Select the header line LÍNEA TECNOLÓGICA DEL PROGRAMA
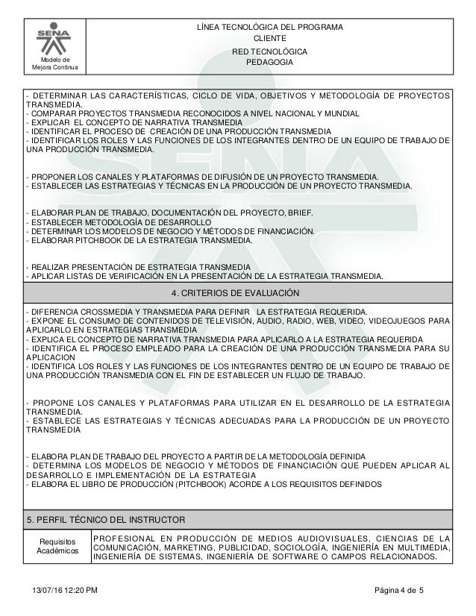point(269,28)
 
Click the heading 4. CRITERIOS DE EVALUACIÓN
point(238,292)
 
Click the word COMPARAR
point(52,114)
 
